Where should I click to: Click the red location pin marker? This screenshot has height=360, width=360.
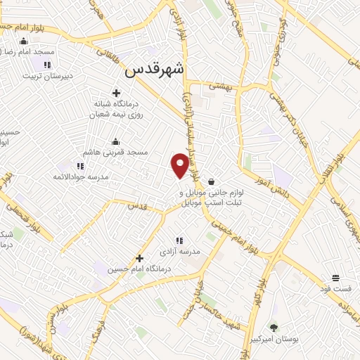[180, 165]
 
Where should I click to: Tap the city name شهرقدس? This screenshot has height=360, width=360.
[155, 70]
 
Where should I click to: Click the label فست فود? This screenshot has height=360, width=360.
[335, 288]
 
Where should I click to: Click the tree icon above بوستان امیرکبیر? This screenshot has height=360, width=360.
[274, 327]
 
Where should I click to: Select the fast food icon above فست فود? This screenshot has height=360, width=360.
[335, 277]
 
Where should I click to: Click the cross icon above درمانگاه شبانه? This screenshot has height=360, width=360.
[117, 93]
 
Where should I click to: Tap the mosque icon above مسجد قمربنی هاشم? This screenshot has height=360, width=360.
[116, 141]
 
